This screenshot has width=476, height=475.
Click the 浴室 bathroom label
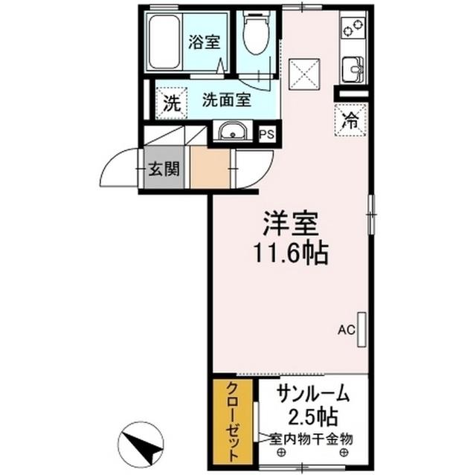204,42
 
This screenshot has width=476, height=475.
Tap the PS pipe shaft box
266,134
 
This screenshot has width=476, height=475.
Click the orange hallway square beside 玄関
210,169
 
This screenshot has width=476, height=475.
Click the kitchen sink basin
351,71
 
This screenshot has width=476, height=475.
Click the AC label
345,329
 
